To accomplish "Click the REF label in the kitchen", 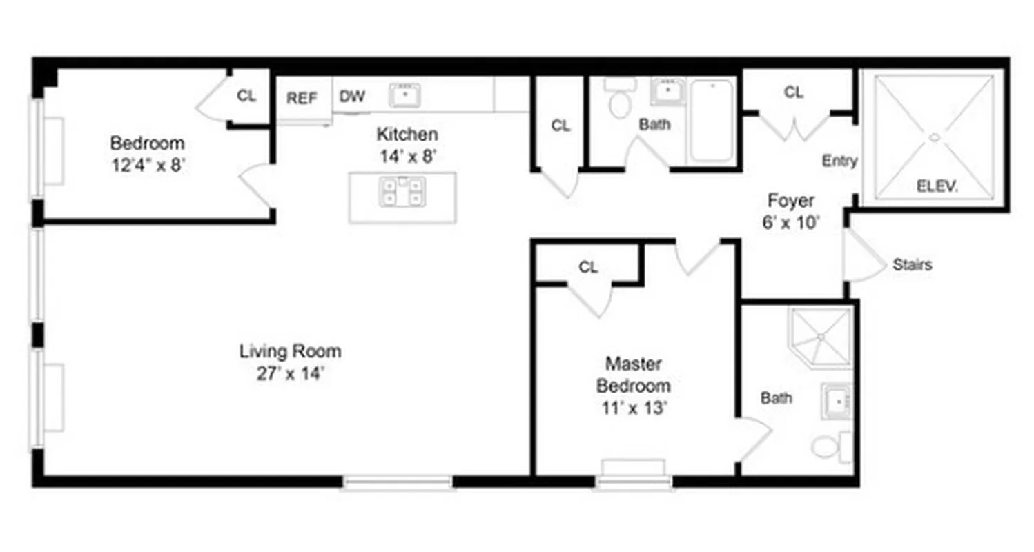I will pyautogui.click(x=302, y=98).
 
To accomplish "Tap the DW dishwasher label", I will pyautogui.click(x=352, y=96).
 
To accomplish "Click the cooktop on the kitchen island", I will pyautogui.click(x=402, y=190).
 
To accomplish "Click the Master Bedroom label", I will pyautogui.click(x=633, y=374).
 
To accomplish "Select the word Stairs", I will pyautogui.click(x=912, y=264).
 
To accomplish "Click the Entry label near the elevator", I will pyautogui.click(x=839, y=161).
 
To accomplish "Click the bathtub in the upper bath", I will pyautogui.click(x=712, y=121).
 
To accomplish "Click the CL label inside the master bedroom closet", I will pyautogui.click(x=588, y=268).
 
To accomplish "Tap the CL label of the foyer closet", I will pyautogui.click(x=794, y=92).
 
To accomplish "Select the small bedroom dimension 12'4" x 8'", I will pyautogui.click(x=148, y=166).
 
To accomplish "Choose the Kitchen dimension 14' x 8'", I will pyautogui.click(x=407, y=157).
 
